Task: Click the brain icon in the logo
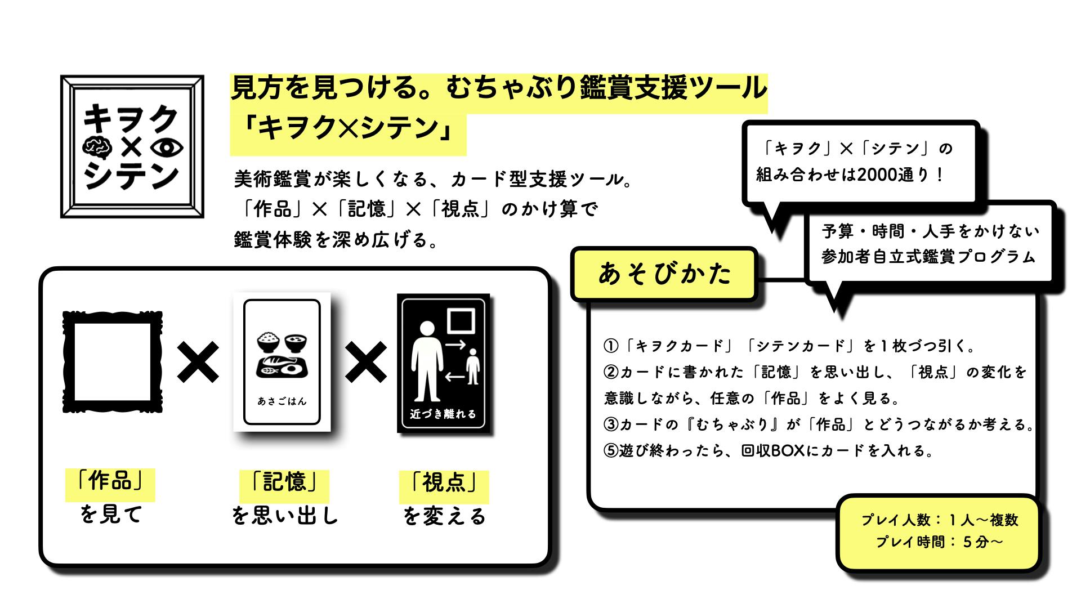coord(96,147)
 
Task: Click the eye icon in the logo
coord(167,147)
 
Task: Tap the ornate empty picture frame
coord(113,362)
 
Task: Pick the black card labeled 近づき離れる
coord(443,363)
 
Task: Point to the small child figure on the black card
coord(472,366)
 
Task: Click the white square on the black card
coord(461,320)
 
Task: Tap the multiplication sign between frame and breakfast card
coord(198,362)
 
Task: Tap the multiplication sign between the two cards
coord(365,362)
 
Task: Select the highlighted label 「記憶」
coord(284,483)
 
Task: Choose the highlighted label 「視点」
coord(444,483)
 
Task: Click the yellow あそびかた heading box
coord(664,274)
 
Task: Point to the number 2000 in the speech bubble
coord(878,175)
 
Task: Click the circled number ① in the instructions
coord(611,346)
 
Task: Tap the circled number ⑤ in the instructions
coord(611,451)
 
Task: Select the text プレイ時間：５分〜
coord(939,542)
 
